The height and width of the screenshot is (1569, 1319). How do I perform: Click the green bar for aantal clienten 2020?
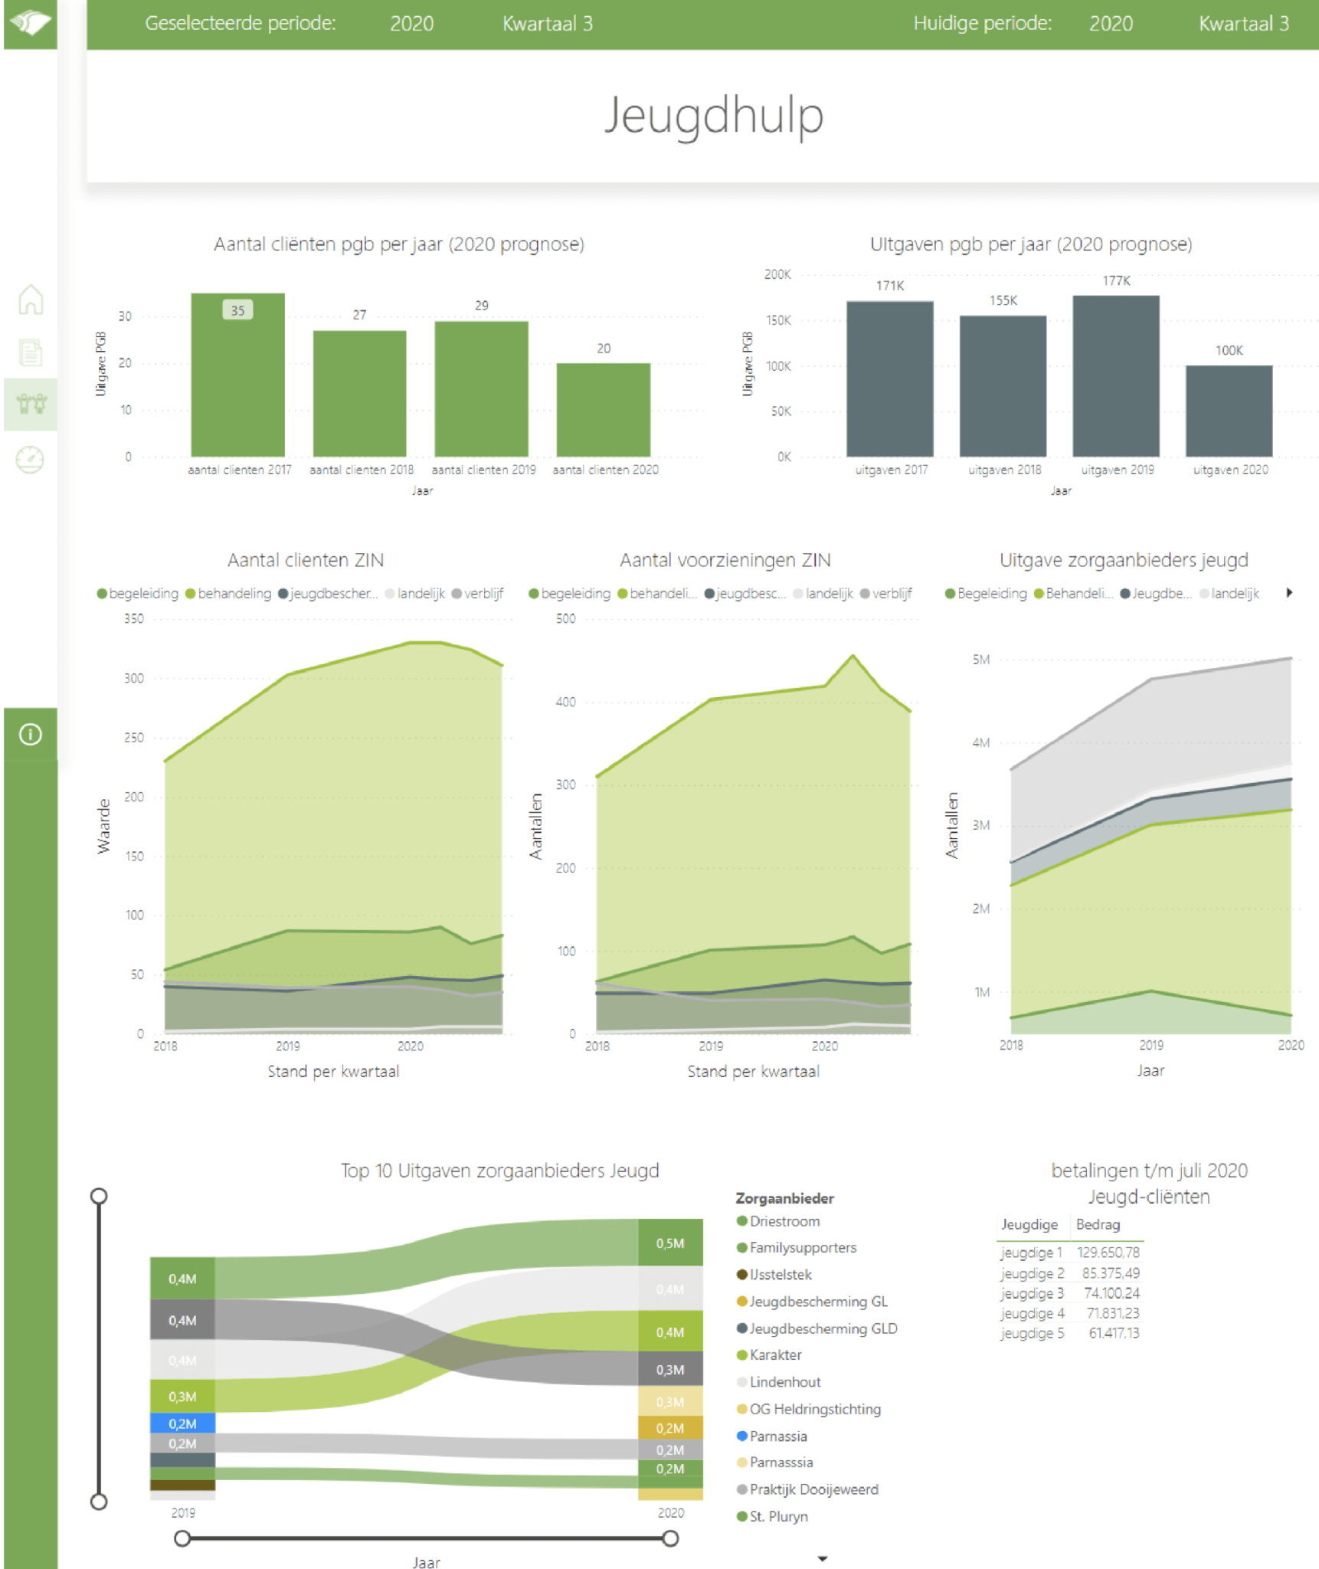pyautogui.click(x=603, y=410)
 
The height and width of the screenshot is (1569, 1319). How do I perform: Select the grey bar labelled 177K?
pyautogui.click(x=1115, y=375)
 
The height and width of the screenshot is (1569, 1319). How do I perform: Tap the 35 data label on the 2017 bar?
pyautogui.click(x=237, y=310)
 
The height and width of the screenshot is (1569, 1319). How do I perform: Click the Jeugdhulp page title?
pyautogui.click(x=713, y=116)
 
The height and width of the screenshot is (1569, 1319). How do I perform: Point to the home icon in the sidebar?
pyautogui.click(x=31, y=300)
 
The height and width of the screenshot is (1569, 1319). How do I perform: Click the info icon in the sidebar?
pyautogui.click(x=31, y=735)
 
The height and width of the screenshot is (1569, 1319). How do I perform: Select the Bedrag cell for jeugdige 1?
pyautogui.click(x=1108, y=1253)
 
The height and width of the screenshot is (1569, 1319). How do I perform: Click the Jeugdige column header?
pyautogui.click(x=1029, y=1224)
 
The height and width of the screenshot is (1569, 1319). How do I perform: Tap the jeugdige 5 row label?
pyautogui.click(x=1032, y=1333)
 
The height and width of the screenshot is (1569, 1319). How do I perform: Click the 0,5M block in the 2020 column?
pyautogui.click(x=670, y=1243)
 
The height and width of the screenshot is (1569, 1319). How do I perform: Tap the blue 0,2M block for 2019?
pyautogui.click(x=182, y=1423)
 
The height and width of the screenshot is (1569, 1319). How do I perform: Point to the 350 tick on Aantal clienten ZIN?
pyautogui.click(x=134, y=618)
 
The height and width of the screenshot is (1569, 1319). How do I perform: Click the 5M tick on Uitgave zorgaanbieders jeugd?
pyautogui.click(x=980, y=660)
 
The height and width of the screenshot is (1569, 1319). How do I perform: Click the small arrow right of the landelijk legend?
pyautogui.click(x=1289, y=593)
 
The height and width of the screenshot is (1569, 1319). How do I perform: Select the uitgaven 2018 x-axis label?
pyautogui.click(x=1004, y=470)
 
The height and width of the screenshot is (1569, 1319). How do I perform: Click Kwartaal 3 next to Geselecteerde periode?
pyautogui.click(x=547, y=24)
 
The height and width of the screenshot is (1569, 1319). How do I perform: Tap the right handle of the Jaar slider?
pyautogui.click(x=670, y=1538)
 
